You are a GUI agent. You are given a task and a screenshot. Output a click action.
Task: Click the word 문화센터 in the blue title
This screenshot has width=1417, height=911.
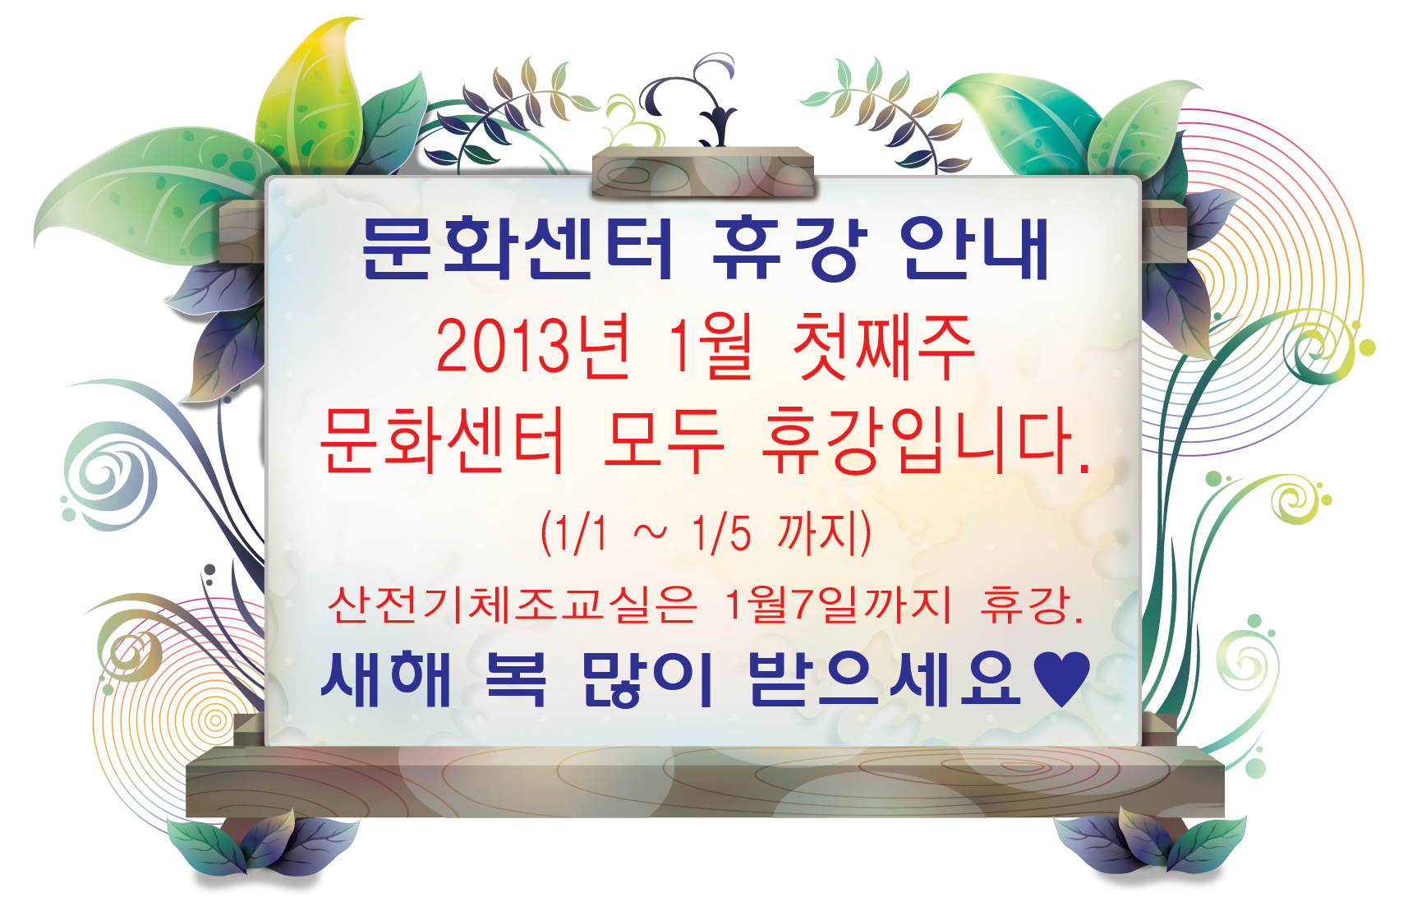point(518,248)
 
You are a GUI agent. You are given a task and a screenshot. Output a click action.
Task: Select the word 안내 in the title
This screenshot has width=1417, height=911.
point(975,248)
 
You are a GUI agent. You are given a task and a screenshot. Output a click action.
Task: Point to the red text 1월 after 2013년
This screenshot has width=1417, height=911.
point(711,346)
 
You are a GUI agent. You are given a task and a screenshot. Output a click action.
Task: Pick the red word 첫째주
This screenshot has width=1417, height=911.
point(884,346)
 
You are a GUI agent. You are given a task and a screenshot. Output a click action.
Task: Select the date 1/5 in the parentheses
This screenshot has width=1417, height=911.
point(721,532)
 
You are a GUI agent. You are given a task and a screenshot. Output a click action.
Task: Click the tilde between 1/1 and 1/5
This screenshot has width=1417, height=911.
point(651,534)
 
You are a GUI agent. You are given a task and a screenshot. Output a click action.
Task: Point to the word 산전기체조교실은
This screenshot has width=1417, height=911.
point(512,605)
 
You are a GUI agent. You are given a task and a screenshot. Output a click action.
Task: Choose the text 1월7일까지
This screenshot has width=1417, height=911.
point(838,605)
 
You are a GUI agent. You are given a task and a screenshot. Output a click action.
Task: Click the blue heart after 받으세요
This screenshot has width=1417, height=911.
point(1061,679)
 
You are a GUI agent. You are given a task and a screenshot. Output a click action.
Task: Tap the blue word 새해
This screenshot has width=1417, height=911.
point(386,679)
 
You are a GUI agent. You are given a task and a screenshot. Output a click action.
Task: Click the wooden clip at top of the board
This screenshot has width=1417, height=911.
point(703,173)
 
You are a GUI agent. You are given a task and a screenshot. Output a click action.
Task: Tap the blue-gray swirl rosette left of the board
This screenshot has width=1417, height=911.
point(109,476)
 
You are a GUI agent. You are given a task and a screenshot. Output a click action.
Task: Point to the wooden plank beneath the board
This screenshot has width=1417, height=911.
point(705,781)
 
